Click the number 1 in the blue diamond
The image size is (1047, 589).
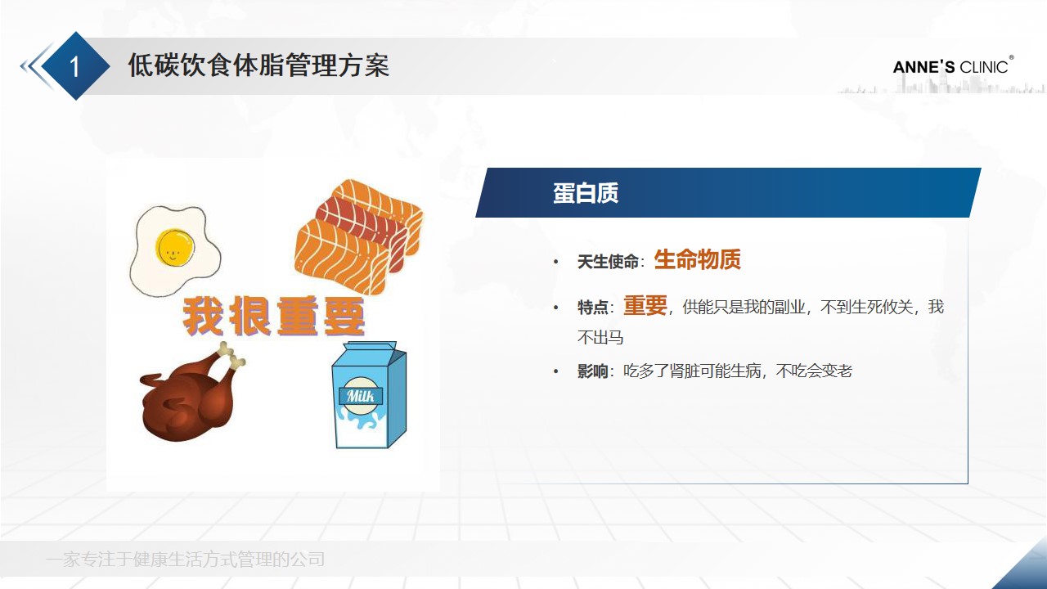tap(74, 66)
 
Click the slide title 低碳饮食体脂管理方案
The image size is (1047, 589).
tap(258, 65)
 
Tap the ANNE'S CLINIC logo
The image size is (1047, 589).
tap(950, 67)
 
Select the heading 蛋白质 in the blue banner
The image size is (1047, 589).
tap(586, 193)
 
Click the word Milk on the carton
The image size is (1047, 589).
tap(361, 397)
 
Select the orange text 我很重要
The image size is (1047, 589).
tap(274, 317)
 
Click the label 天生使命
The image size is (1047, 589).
tap(608, 262)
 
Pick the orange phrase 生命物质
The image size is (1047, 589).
tap(697, 260)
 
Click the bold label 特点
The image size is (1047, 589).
tap(593, 308)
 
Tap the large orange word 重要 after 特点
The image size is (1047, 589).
tap(645, 306)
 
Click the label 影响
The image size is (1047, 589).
tap(593, 371)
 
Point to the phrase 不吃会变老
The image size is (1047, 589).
tap(814, 371)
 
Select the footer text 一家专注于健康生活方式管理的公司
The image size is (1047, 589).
tap(186, 560)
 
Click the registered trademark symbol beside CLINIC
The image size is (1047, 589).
tap(1011, 58)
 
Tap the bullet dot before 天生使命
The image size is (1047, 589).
tap(556, 263)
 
